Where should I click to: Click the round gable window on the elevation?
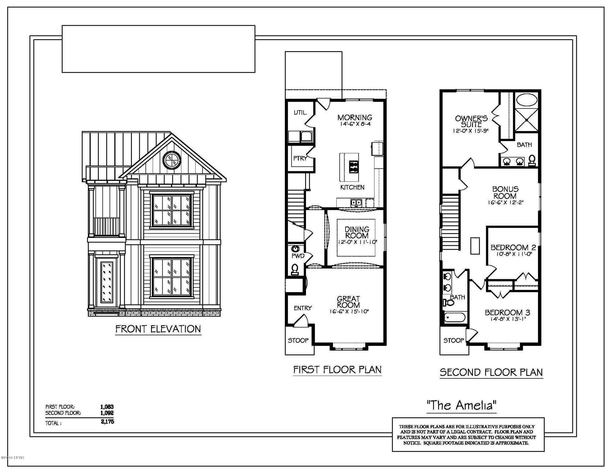click(172, 160)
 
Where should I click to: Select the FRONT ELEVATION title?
click(158, 329)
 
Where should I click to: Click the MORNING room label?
click(355, 117)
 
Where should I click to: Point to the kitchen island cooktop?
click(354, 167)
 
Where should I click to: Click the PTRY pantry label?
click(300, 158)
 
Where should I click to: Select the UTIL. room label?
click(300, 112)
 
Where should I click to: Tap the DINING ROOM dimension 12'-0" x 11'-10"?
click(357, 242)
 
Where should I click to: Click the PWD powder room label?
click(297, 256)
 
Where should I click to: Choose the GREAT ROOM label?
click(348, 302)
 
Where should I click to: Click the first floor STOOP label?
click(298, 340)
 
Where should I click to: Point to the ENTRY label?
click(303, 308)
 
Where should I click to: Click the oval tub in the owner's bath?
click(527, 100)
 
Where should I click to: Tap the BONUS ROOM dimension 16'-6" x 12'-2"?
click(506, 202)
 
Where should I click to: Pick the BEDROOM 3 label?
click(507, 312)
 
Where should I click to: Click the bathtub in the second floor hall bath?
click(455, 317)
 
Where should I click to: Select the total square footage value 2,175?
click(107, 422)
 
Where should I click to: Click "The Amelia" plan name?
click(461, 405)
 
